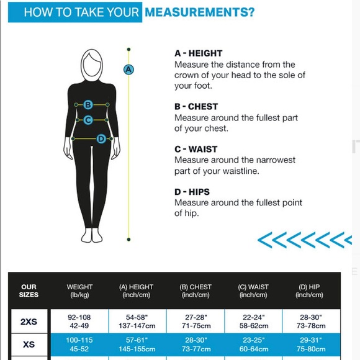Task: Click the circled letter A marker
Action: coord(128,70)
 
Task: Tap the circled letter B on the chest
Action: coord(88,105)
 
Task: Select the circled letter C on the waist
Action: coord(88,120)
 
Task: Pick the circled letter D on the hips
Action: coord(101,139)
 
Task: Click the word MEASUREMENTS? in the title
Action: coord(200,12)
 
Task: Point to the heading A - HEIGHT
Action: coord(199,53)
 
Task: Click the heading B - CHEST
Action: coord(196,107)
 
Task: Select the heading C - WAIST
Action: coord(196,149)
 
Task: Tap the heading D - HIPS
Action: coord(192,192)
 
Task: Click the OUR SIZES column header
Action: coord(29,290)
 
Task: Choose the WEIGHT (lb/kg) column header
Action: coord(79,291)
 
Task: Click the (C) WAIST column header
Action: coord(253,291)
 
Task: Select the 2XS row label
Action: coord(29,322)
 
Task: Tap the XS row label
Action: coord(29,344)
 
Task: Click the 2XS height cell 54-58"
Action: coord(137,317)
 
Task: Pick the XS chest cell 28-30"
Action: coord(196,340)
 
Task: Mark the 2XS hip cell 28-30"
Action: coord(311,317)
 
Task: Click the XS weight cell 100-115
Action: coord(79,340)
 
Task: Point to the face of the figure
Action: coord(92,65)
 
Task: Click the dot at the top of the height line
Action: coord(128,50)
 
